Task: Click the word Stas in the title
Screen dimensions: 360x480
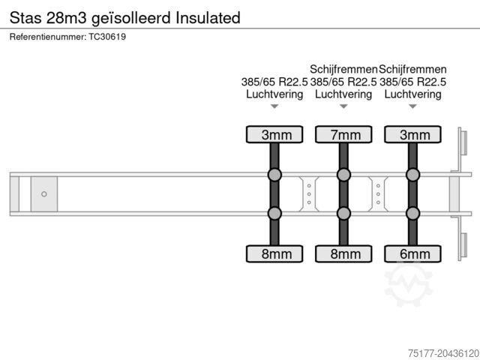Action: [x=27, y=17]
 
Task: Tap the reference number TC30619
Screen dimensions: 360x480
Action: [x=108, y=37]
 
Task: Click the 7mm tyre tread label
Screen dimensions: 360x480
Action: [x=343, y=135]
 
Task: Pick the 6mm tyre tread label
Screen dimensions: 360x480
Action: [x=412, y=254]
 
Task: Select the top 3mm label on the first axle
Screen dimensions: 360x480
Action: [x=274, y=135]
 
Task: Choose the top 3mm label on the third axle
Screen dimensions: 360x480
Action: [x=412, y=135]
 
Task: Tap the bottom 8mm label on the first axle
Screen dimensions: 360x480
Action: [x=274, y=254]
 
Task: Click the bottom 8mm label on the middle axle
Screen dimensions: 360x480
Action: [x=343, y=254]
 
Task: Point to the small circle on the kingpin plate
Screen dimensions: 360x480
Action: [x=44, y=194]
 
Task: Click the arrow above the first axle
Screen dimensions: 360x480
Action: [x=274, y=107]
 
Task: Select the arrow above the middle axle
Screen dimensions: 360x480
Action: [x=343, y=107]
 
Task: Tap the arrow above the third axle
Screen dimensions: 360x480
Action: [x=412, y=107]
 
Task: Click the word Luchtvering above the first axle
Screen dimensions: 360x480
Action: [x=274, y=94]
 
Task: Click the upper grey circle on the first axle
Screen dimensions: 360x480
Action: [x=274, y=175]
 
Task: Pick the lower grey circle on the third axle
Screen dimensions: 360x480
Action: [x=412, y=213]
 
